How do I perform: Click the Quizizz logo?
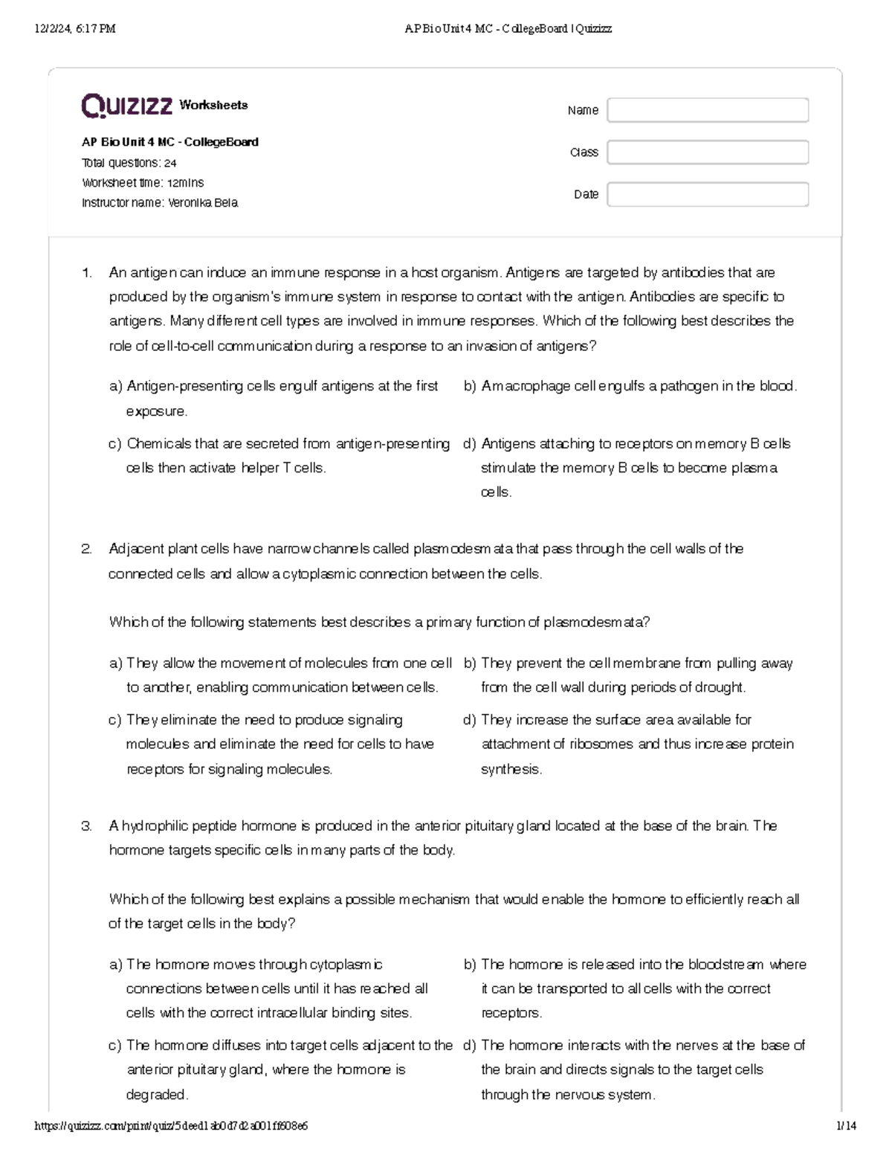tap(127, 106)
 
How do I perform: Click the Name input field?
tap(707, 110)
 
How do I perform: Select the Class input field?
tap(707, 152)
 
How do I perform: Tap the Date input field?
tap(707, 195)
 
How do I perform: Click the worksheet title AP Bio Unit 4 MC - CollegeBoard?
tap(169, 142)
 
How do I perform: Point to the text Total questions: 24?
tap(129, 163)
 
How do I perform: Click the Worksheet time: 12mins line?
tap(142, 183)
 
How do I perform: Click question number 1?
tap(87, 273)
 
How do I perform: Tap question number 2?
tap(87, 549)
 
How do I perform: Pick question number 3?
tap(87, 826)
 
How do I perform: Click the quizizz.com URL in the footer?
tap(171, 1126)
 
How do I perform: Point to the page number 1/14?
tap(846, 1126)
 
